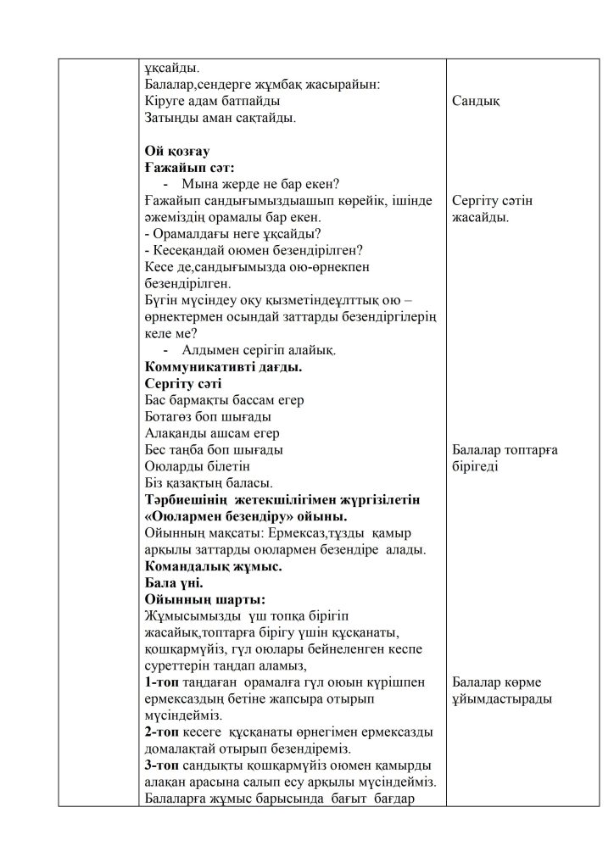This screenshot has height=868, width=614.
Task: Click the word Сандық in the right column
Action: coord(476,102)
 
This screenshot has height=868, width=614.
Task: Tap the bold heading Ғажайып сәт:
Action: coord(190,168)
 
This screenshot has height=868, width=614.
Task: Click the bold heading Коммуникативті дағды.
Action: coord(224,367)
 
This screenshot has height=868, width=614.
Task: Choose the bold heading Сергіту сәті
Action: coord(183,383)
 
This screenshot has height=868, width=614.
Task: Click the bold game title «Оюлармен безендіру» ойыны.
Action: coord(246,515)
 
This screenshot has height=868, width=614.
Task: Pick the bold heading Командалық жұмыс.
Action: coord(214,565)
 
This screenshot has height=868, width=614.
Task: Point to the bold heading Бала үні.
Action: coord(174,582)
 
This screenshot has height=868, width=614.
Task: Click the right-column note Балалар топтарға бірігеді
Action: coord(505,458)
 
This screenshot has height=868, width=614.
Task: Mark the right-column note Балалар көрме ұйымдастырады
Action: coord(502,690)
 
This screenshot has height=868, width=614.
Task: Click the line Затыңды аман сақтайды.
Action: coord(220,118)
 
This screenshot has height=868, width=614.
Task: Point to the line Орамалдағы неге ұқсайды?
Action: coord(238,234)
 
